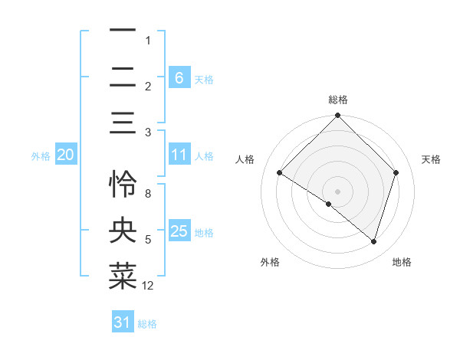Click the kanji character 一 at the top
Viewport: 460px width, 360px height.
pyautogui.click(x=123, y=31)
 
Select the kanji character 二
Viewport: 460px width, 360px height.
pyautogui.click(x=123, y=77)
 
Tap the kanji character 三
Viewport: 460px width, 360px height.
pyautogui.click(x=123, y=123)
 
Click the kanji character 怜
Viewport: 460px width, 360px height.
pyautogui.click(x=123, y=184)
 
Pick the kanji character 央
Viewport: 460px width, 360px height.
pyautogui.click(x=123, y=230)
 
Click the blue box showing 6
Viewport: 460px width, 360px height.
pyautogui.click(x=179, y=77)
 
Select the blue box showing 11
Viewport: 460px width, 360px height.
pyautogui.click(x=179, y=155)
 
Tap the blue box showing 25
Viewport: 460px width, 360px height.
pyautogui.click(x=179, y=231)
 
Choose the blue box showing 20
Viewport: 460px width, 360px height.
pyautogui.click(x=65, y=155)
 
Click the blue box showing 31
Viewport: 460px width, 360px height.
pyautogui.click(x=123, y=323)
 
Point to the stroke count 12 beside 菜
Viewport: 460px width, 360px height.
pyautogui.click(x=148, y=286)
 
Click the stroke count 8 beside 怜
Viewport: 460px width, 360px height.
pyautogui.click(x=148, y=193)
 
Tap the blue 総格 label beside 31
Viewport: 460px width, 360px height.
pyautogui.click(x=147, y=324)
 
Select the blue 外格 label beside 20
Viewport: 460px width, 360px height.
pyautogui.click(x=41, y=155)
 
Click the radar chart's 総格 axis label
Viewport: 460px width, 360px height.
pyautogui.click(x=337, y=100)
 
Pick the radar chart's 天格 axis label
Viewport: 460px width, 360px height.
pyautogui.click(x=432, y=159)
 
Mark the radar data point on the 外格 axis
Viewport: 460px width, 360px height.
pyautogui.click(x=329, y=205)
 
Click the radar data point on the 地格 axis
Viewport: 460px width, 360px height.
pyautogui.click(x=374, y=242)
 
